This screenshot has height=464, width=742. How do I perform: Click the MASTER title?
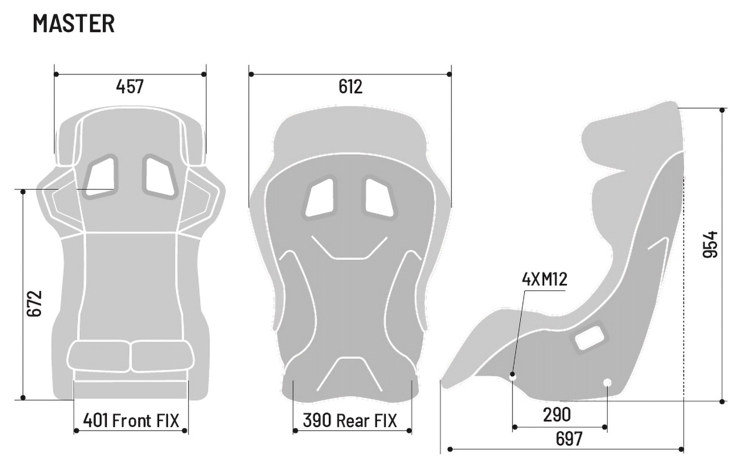[x=74, y=23]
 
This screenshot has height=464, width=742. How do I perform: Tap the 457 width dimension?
[x=130, y=87]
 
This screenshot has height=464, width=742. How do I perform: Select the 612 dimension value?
[x=350, y=87]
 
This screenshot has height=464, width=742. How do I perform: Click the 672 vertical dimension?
[x=35, y=303]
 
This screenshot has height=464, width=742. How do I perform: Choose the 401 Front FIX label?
[x=131, y=421]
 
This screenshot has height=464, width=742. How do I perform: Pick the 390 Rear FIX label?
[x=350, y=421]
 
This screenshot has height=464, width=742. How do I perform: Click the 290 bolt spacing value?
[x=556, y=415]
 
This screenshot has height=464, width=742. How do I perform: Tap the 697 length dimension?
[x=569, y=439]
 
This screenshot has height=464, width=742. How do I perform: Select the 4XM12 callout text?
[x=545, y=280]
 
